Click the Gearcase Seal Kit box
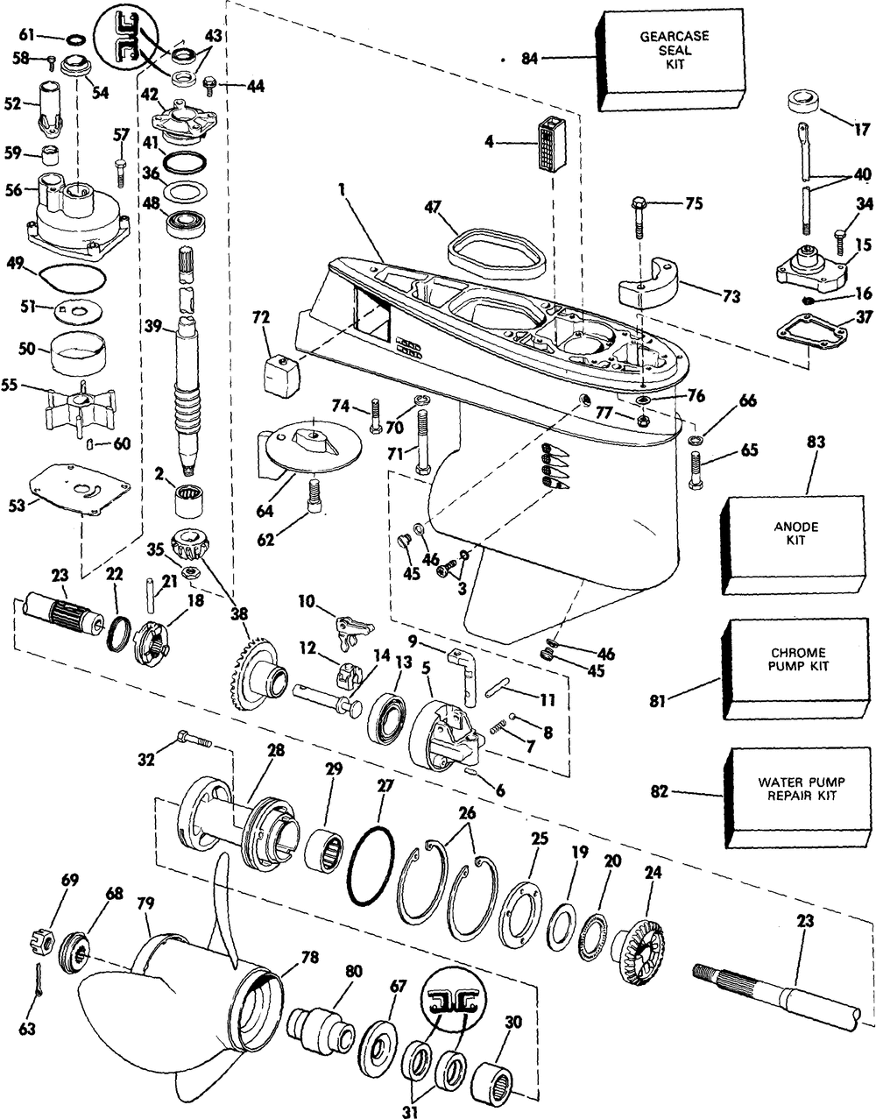(x=661, y=53)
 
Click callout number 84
(x=528, y=59)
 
